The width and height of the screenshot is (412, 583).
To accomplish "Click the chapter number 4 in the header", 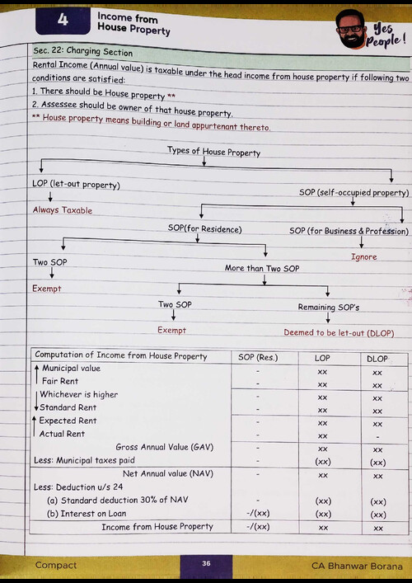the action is tap(63, 21).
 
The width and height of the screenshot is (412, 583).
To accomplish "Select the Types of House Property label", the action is tap(213, 152).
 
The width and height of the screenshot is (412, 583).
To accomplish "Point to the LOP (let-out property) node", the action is tap(76, 184).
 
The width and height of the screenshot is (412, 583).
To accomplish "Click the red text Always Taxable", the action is tap(62, 210).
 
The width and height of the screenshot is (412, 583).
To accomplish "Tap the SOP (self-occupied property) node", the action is tap(353, 193).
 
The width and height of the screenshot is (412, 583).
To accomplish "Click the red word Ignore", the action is tap(363, 257).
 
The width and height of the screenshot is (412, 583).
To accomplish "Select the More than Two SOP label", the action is tap(264, 268).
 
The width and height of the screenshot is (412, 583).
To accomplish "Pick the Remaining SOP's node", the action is tap(328, 308).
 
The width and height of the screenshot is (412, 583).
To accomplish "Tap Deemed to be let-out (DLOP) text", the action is tap(339, 333).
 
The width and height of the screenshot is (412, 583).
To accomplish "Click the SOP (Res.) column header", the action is tap(258, 358).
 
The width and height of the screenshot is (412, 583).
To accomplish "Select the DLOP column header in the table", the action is tap(376, 359).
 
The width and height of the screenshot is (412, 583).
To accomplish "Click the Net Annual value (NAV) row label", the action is tap(167, 474).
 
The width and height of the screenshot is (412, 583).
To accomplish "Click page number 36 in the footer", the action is tap(206, 563).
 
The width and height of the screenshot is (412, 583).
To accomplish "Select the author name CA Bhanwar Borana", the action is tap(357, 566).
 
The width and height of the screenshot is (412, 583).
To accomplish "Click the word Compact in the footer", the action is tap(55, 565).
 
